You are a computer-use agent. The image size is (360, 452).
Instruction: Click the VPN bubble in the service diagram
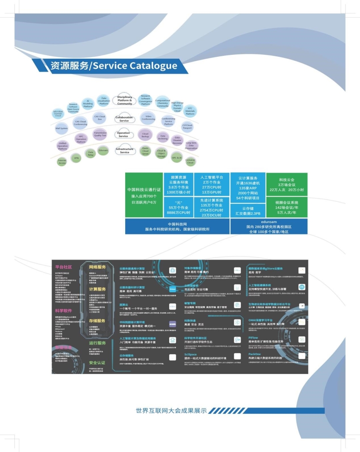click(x=76, y=158)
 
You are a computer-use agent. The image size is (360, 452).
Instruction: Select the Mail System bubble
click(x=62, y=128)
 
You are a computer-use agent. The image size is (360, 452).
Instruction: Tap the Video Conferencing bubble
click(x=148, y=117)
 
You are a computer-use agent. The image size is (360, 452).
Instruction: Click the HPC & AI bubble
click(x=177, y=158)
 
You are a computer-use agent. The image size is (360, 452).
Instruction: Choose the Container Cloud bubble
click(x=190, y=161)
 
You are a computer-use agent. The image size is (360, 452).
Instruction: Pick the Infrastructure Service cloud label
click(x=124, y=151)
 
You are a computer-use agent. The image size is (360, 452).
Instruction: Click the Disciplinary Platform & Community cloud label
click(x=124, y=100)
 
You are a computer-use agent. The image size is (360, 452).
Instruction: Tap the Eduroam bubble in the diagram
click(x=103, y=150)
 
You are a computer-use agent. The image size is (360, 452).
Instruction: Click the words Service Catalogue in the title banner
click(x=134, y=66)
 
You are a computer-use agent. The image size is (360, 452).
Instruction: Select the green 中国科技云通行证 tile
click(x=144, y=195)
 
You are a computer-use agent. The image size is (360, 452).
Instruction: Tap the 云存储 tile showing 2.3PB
click(x=248, y=211)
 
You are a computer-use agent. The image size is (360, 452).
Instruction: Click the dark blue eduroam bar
click(x=269, y=226)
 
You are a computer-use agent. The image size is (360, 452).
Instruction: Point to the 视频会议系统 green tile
click(x=287, y=207)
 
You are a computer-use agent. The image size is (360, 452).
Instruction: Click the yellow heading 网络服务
click(x=98, y=267)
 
